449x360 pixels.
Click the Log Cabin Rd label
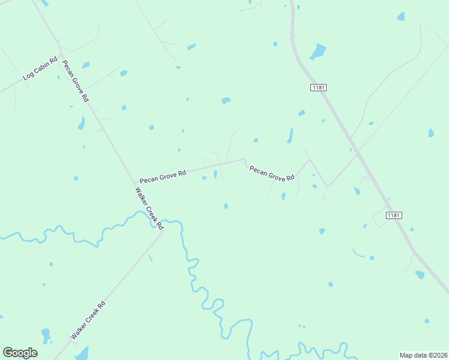pos(40,68)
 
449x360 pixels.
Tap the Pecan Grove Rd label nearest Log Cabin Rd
pos(76,81)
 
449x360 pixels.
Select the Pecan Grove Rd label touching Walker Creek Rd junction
pos(163,176)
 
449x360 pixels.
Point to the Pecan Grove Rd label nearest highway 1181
pos(272,174)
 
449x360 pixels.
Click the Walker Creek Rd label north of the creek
pos(149,209)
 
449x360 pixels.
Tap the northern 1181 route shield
pos(318,88)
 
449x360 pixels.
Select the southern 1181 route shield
pos(393,215)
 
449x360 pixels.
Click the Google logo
pos(20,353)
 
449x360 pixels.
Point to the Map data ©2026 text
pos(423,355)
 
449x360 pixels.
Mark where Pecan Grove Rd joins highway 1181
pos(358,154)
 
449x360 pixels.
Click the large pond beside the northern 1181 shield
pos(318,52)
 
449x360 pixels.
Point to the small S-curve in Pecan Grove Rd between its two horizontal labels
pos(245,161)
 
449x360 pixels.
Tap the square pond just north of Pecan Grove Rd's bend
pos(256,140)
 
